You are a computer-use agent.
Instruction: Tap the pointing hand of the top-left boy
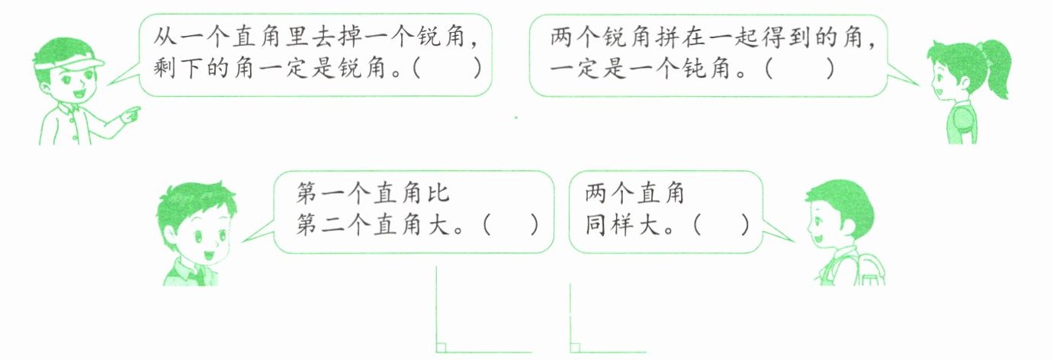(131, 114)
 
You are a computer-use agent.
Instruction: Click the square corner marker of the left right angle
(441, 347)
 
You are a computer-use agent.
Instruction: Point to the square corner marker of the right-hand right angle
(575, 347)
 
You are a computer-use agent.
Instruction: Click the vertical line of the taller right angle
(436, 305)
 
